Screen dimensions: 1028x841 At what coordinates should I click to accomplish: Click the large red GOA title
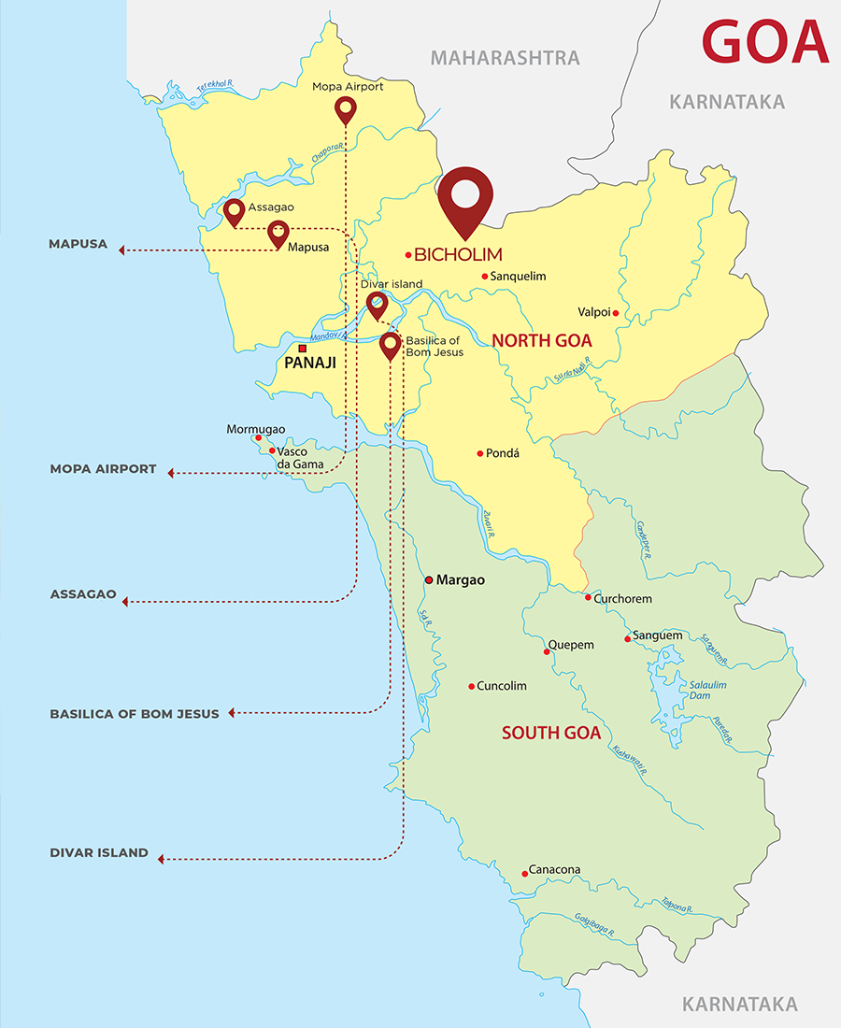(764, 42)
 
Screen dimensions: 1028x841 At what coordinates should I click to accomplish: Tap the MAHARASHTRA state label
(505, 58)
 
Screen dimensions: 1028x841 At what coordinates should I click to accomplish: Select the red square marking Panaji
(302, 350)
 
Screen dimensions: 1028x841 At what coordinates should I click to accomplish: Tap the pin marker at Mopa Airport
(345, 110)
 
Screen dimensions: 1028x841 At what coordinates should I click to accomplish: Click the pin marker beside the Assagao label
(234, 212)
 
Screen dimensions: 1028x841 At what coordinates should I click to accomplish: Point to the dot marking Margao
(429, 580)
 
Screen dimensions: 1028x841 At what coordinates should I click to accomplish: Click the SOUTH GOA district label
(550, 733)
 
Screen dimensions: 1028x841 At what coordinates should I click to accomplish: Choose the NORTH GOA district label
(542, 340)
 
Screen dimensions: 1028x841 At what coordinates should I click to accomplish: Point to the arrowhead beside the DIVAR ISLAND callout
(161, 859)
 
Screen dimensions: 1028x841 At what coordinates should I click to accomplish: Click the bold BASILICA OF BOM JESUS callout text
(135, 714)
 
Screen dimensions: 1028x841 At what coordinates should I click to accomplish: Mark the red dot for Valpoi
(615, 313)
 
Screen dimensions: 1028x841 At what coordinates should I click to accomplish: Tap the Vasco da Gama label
(300, 457)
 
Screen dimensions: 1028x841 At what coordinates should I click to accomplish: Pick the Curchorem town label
(622, 598)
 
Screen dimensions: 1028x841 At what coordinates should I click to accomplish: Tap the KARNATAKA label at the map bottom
(739, 1005)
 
